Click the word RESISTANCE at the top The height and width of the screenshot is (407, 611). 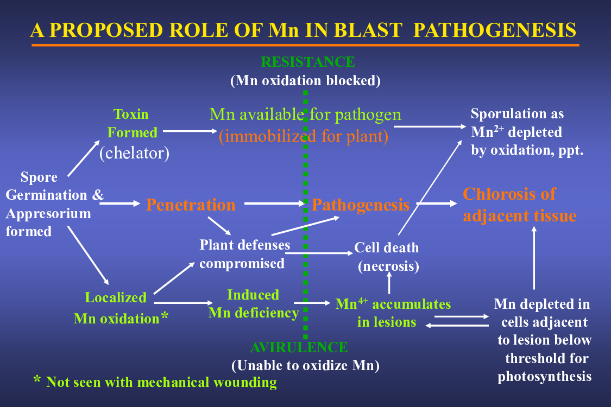pyautogui.click(x=308, y=62)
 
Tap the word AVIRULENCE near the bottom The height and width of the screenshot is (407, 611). pyautogui.click(x=299, y=347)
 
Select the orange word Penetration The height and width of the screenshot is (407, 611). pyautogui.click(x=191, y=205)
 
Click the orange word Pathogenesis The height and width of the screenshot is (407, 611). pyautogui.click(x=361, y=205)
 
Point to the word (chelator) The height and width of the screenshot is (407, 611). pyautogui.click(x=135, y=152)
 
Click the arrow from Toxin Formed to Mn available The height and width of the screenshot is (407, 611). pyautogui.click(x=190, y=131)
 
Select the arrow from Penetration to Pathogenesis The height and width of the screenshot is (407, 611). pyautogui.click(x=274, y=203)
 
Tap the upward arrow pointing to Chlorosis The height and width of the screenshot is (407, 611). pyautogui.click(x=534, y=258)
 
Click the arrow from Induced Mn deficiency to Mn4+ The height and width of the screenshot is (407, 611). pyautogui.click(x=312, y=303)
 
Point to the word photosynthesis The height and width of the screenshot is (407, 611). pyautogui.click(x=544, y=376)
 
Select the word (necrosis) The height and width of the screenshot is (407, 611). pyautogui.click(x=388, y=266)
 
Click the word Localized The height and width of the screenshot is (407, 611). pyautogui.click(x=116, y=297)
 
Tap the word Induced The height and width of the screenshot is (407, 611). pyautogui.click(x=253, y=295)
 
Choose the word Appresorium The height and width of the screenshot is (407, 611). pyautogui.click(x=48, y=214)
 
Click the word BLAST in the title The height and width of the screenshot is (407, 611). pyautogui.click(x=368, y=30)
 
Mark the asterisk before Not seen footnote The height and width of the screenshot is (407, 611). pyautogui.click(x=37, y=379)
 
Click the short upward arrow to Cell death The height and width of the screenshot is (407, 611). pyautogui.click(x=389, y=282)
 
